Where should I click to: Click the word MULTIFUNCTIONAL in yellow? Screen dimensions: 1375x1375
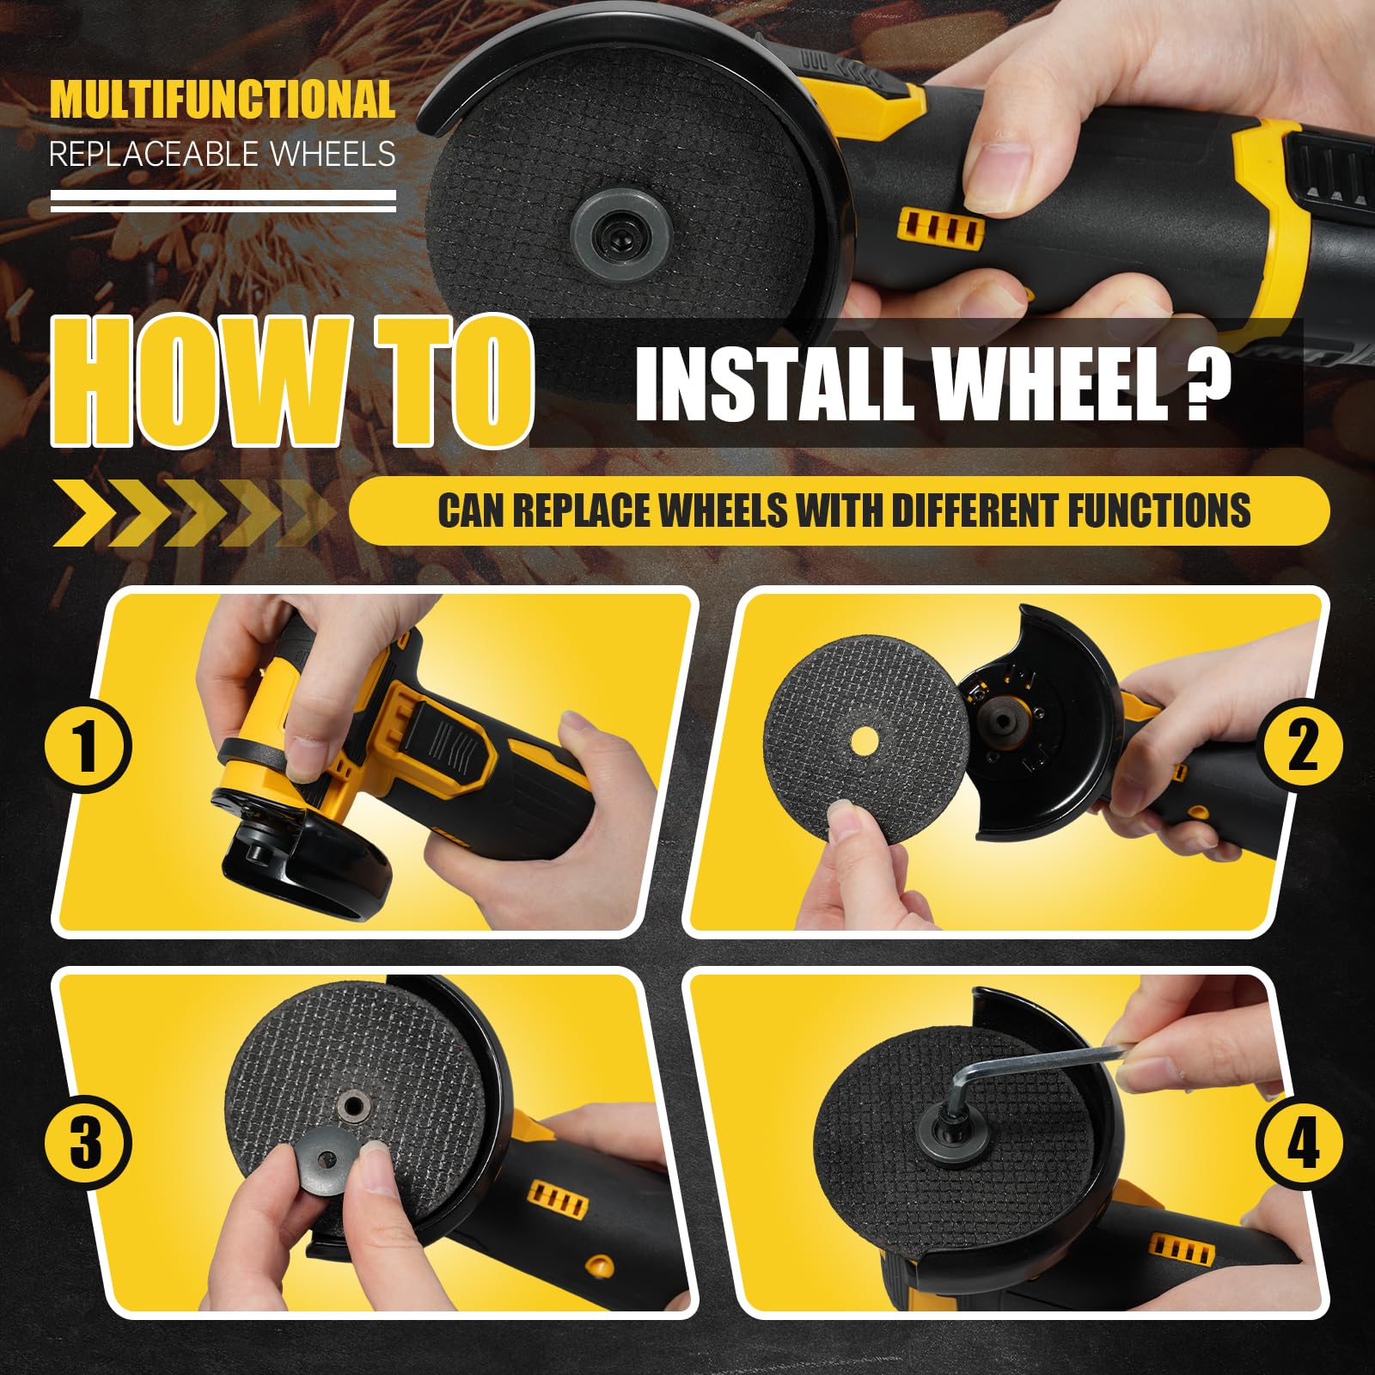(223, 100)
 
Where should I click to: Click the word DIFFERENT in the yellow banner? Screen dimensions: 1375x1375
(975, 510)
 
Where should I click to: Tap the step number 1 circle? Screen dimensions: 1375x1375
(87, 746)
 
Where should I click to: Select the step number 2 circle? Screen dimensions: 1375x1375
(1301, 746)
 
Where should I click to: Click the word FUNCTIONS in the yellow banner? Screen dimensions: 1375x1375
(1159, 510)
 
